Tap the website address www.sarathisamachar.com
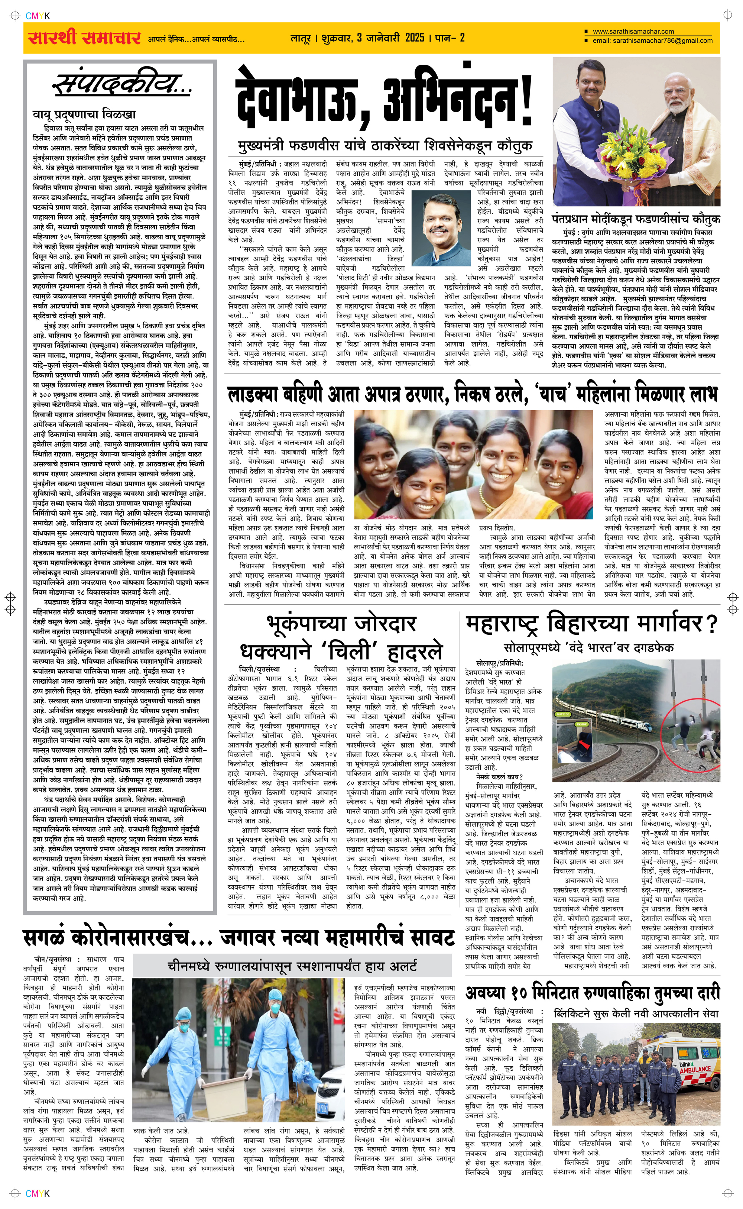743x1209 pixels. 633,32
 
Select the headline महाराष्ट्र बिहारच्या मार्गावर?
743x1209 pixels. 591,624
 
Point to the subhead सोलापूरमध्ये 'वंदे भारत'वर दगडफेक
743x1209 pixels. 588,648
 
